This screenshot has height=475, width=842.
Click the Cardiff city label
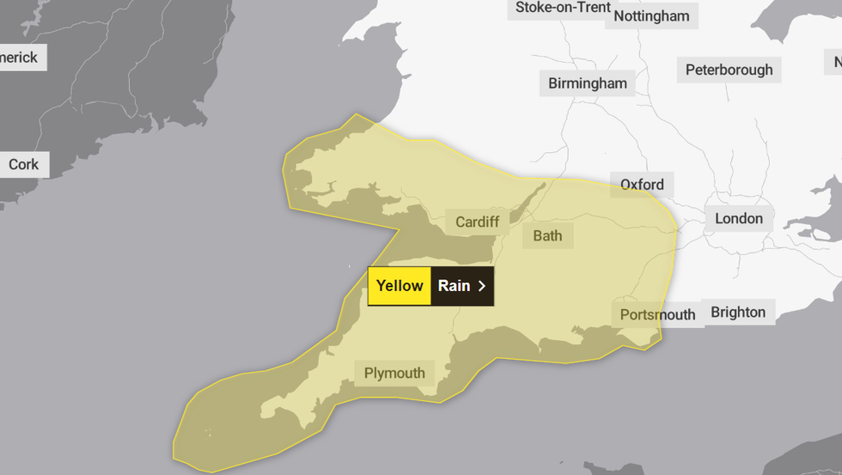pyautogui.click(x=477, y=222)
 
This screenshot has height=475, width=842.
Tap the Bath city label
pyautogui.click(x=547, y=235)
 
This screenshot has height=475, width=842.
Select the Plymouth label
pyautogui.click(x=394, y=373)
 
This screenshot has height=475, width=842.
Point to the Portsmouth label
pyautogui.click(x=657, y=314)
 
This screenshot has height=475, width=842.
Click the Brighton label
pyautogui.click(x=738, y=312)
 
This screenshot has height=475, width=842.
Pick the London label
pyautogui.click(x=738, y=218)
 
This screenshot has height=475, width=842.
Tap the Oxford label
pyautogui.click(x=642, y=185)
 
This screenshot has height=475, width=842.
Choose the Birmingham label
pyautogui.click(x=588, y=83)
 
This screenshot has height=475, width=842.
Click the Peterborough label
pyautogui.click(x=729, y=70)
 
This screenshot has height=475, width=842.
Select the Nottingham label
pyautogui.click(x=651, y=16)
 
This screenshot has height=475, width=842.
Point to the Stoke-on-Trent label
pyautogui.click(x=563, y=8)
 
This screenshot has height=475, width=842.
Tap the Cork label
pyautogui.click(x=23, y=164)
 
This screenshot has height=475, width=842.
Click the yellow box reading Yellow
pyautogui.click(x=400, y=286)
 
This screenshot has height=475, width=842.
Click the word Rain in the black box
pyautogui.click(x=454, y=286)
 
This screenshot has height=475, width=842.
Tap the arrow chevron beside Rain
pyautogui.click(x=482, y=286)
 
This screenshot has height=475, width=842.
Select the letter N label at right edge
pyautogui.click(x=835, y=61)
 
